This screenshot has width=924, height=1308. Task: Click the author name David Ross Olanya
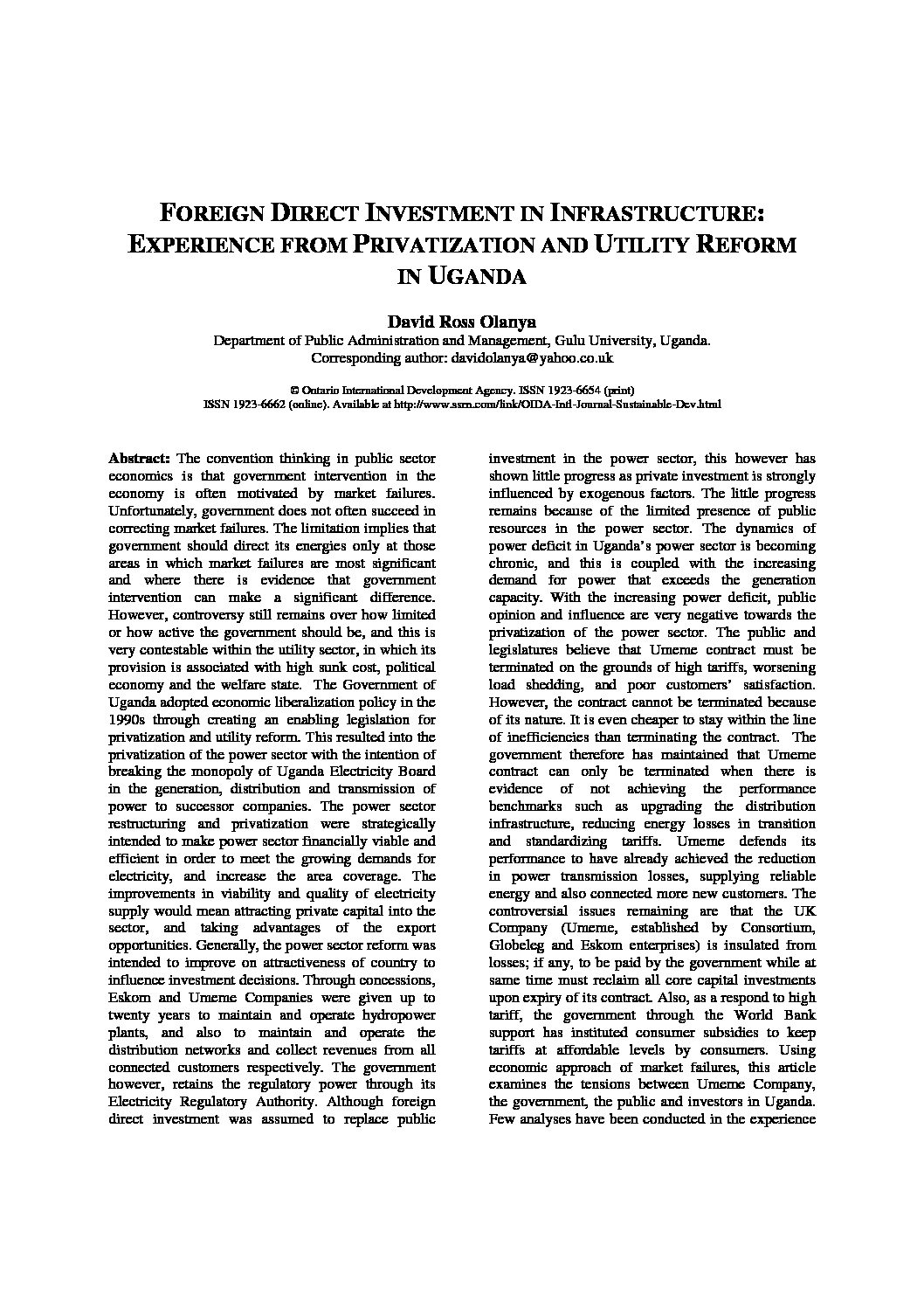click(x=462, y=322)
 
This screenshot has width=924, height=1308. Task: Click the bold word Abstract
click(x=140, y=458)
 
